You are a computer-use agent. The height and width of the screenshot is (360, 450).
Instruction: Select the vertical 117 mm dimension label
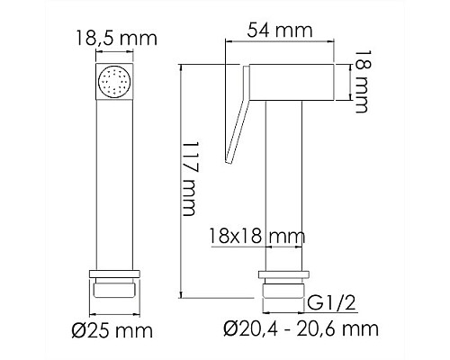coord(189,180)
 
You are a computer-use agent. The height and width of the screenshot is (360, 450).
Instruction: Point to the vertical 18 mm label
coord(359,82)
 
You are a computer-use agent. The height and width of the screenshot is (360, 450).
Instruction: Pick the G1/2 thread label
coord(330,301)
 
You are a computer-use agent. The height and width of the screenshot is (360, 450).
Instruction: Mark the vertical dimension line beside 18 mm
coord(341,82)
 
